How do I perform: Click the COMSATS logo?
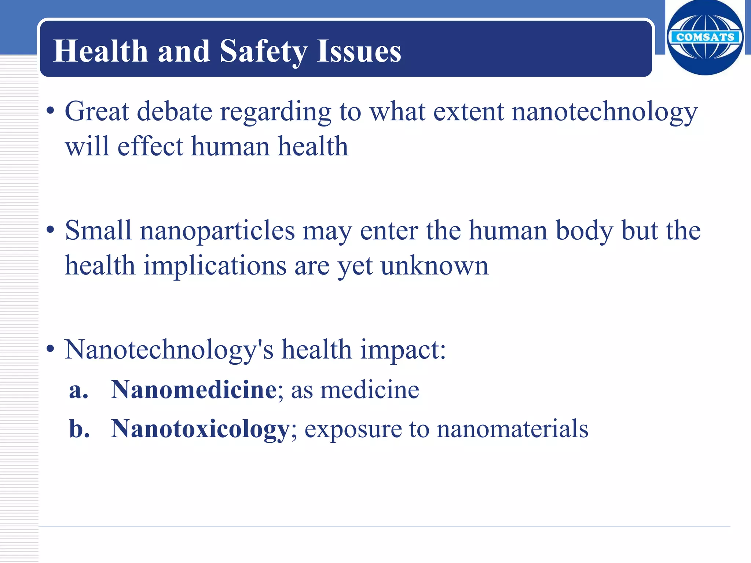click(x=705, y=37)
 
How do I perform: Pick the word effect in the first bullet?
click(x=150, y=146)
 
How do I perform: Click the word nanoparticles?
click(x=217, y=231)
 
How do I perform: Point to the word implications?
click(x=215, y=266)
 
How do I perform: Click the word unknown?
click(x=435, y=266)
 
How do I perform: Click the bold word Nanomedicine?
click(x=194, y=389)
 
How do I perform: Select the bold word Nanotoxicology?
click(x=200, y=428)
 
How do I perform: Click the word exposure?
click(x=353, y=429)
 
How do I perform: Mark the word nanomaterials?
click(x=513, y=428)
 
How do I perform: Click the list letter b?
click(x=79, y=428)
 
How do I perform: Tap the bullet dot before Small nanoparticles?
click(x=51, y=230)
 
